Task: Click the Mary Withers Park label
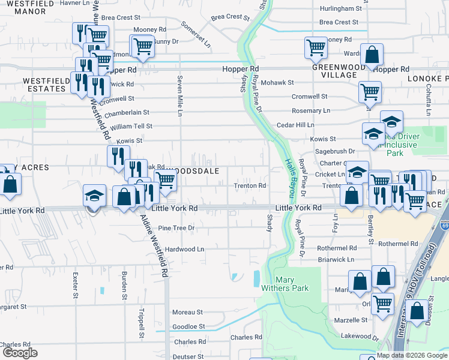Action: tap(292, 284)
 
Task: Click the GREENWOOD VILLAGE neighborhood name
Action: tap(334, 71)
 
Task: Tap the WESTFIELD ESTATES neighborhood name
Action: tap(44, 85)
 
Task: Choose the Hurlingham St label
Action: tap(341, 9)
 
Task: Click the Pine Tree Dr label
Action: tap(176, 228)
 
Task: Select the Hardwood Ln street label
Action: tap(185, 248)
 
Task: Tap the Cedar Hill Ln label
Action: tap(295, 125)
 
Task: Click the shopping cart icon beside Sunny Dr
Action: tap(142, 47)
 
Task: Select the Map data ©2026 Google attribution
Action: tap(411, 355)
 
